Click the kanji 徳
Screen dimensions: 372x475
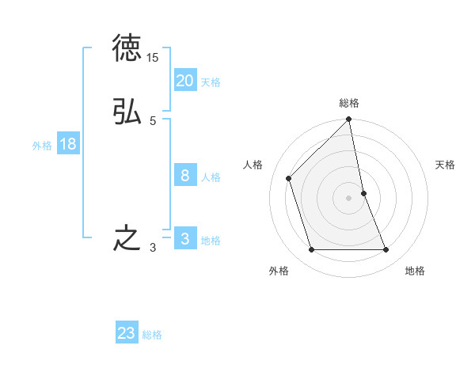tap(127, 50)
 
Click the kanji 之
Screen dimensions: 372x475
tap(127, 238)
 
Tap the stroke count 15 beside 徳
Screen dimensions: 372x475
tap(153, 58)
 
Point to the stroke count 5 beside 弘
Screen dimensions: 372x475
tap(153, 120)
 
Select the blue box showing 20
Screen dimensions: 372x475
tap(185, 81)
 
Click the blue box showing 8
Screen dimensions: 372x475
tap(185, 176)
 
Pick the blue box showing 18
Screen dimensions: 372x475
tap(68, 144)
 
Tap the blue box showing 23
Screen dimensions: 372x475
tap(127, 333)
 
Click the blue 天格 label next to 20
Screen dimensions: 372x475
tap(211, 82)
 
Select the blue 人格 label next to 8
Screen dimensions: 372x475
tap(211, 177)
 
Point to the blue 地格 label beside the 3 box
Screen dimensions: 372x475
tap(211, 241)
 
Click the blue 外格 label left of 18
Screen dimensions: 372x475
tap(42, 146)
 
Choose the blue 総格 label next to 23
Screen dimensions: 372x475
tap(152, 335)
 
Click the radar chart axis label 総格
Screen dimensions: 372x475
tap(349, 103)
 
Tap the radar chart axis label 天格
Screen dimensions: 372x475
tap(446, 165)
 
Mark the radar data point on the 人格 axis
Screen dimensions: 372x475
tap(289, 178)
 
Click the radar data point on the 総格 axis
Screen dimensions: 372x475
tap(349, 120)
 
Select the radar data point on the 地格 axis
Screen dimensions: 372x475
tap(386, 250)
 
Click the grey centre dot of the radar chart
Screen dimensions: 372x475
tap(349, 198)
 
